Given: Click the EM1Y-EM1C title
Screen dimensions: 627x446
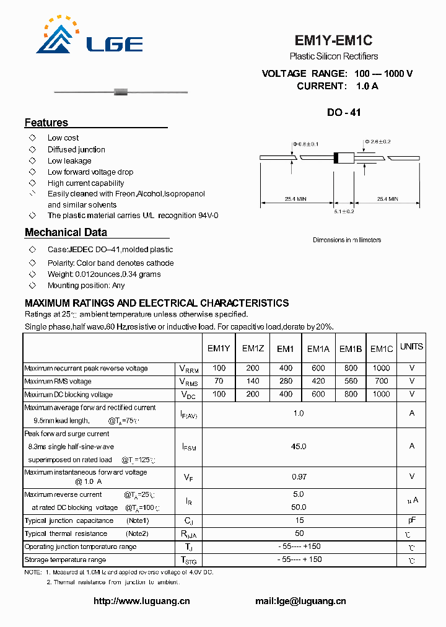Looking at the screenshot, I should point(333,41).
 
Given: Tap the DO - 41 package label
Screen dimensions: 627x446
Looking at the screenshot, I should point(344,113).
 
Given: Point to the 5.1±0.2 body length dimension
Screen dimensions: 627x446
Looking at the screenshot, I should point(344,211).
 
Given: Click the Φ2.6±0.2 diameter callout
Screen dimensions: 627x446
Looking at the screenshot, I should point(377,141).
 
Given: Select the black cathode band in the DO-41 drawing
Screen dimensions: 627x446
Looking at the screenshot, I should point(336,158).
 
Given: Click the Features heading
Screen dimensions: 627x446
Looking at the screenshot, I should point(46,123).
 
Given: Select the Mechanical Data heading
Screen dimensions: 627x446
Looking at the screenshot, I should point(66,232).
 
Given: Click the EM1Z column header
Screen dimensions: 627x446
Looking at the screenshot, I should point(253,349).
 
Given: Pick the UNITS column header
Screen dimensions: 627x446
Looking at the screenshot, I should point(411,347).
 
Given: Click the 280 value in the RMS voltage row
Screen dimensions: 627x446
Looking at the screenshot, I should point(286,381).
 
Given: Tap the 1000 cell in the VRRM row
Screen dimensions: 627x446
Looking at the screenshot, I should point(382,368).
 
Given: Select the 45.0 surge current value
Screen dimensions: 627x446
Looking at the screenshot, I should point(299,446).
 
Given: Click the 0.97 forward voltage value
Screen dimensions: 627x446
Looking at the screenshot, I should point(299,476).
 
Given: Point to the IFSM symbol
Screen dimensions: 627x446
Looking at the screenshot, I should point(188,447).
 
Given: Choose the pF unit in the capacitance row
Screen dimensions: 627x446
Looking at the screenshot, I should point(411,520).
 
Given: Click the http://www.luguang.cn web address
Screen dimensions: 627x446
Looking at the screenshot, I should point(142,601).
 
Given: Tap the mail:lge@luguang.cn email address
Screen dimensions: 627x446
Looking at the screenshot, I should point(300,601).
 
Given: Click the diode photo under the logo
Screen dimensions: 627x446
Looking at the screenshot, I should point(121,93).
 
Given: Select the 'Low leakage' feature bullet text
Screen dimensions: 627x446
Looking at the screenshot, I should point(69,160).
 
